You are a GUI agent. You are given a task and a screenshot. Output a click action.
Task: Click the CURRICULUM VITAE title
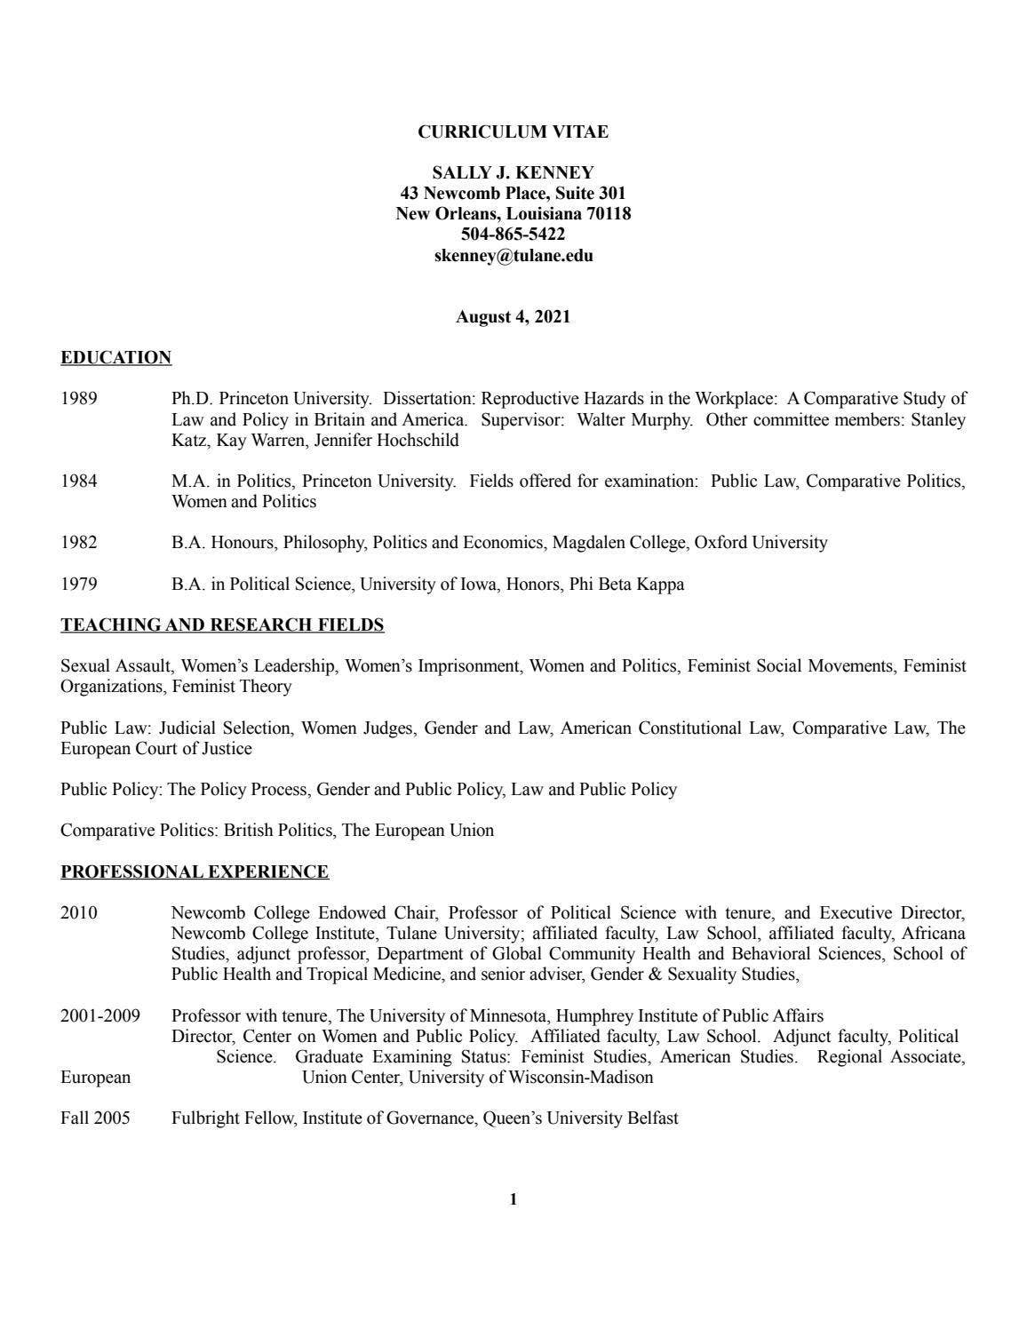pyautogui.click(x=513, y=132)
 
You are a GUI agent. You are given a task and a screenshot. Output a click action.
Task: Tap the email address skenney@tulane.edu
pyautogui.click(x=513, y=256)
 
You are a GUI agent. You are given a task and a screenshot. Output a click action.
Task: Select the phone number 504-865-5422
pyautogui.click(x=513, y=235)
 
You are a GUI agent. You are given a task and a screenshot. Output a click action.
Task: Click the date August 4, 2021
pyautogui.click(x=513, y=317)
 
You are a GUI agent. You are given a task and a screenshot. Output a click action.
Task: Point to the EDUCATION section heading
pyautogui.click(x=115, y=358)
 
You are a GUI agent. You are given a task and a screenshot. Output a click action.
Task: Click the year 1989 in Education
pyautogui.click(x=79, y=399)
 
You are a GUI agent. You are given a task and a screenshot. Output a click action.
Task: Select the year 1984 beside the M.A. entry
pyautogui.click(x=79, y=481)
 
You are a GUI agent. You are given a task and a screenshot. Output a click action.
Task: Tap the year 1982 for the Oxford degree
pyautogui.click(x=79, y=543)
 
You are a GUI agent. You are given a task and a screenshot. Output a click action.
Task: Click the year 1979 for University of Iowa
pyautogui.click(x=79, y=585)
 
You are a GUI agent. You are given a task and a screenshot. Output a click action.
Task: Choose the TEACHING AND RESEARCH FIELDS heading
pyautogui.click(x=222, y=625)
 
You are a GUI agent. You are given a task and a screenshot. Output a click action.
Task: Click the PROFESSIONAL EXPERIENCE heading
pyautogui.click(x=195, y=872)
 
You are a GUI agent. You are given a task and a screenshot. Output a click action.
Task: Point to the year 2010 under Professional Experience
pyautogui.click(x=79, y=913)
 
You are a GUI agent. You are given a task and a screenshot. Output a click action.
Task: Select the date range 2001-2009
pyautogui.click(x=100, y=1016)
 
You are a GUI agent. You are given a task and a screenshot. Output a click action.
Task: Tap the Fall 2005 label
pyautogui.click(x=95, y=1118)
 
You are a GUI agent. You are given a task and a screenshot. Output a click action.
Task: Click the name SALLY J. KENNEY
pyautogui.click(x=513, y=173)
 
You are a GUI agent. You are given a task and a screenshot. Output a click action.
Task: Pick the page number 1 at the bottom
pyautogui.click(x=513, y=1200)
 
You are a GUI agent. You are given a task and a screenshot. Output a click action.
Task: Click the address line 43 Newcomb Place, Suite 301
pyautogui.click(x=513, y=194)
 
